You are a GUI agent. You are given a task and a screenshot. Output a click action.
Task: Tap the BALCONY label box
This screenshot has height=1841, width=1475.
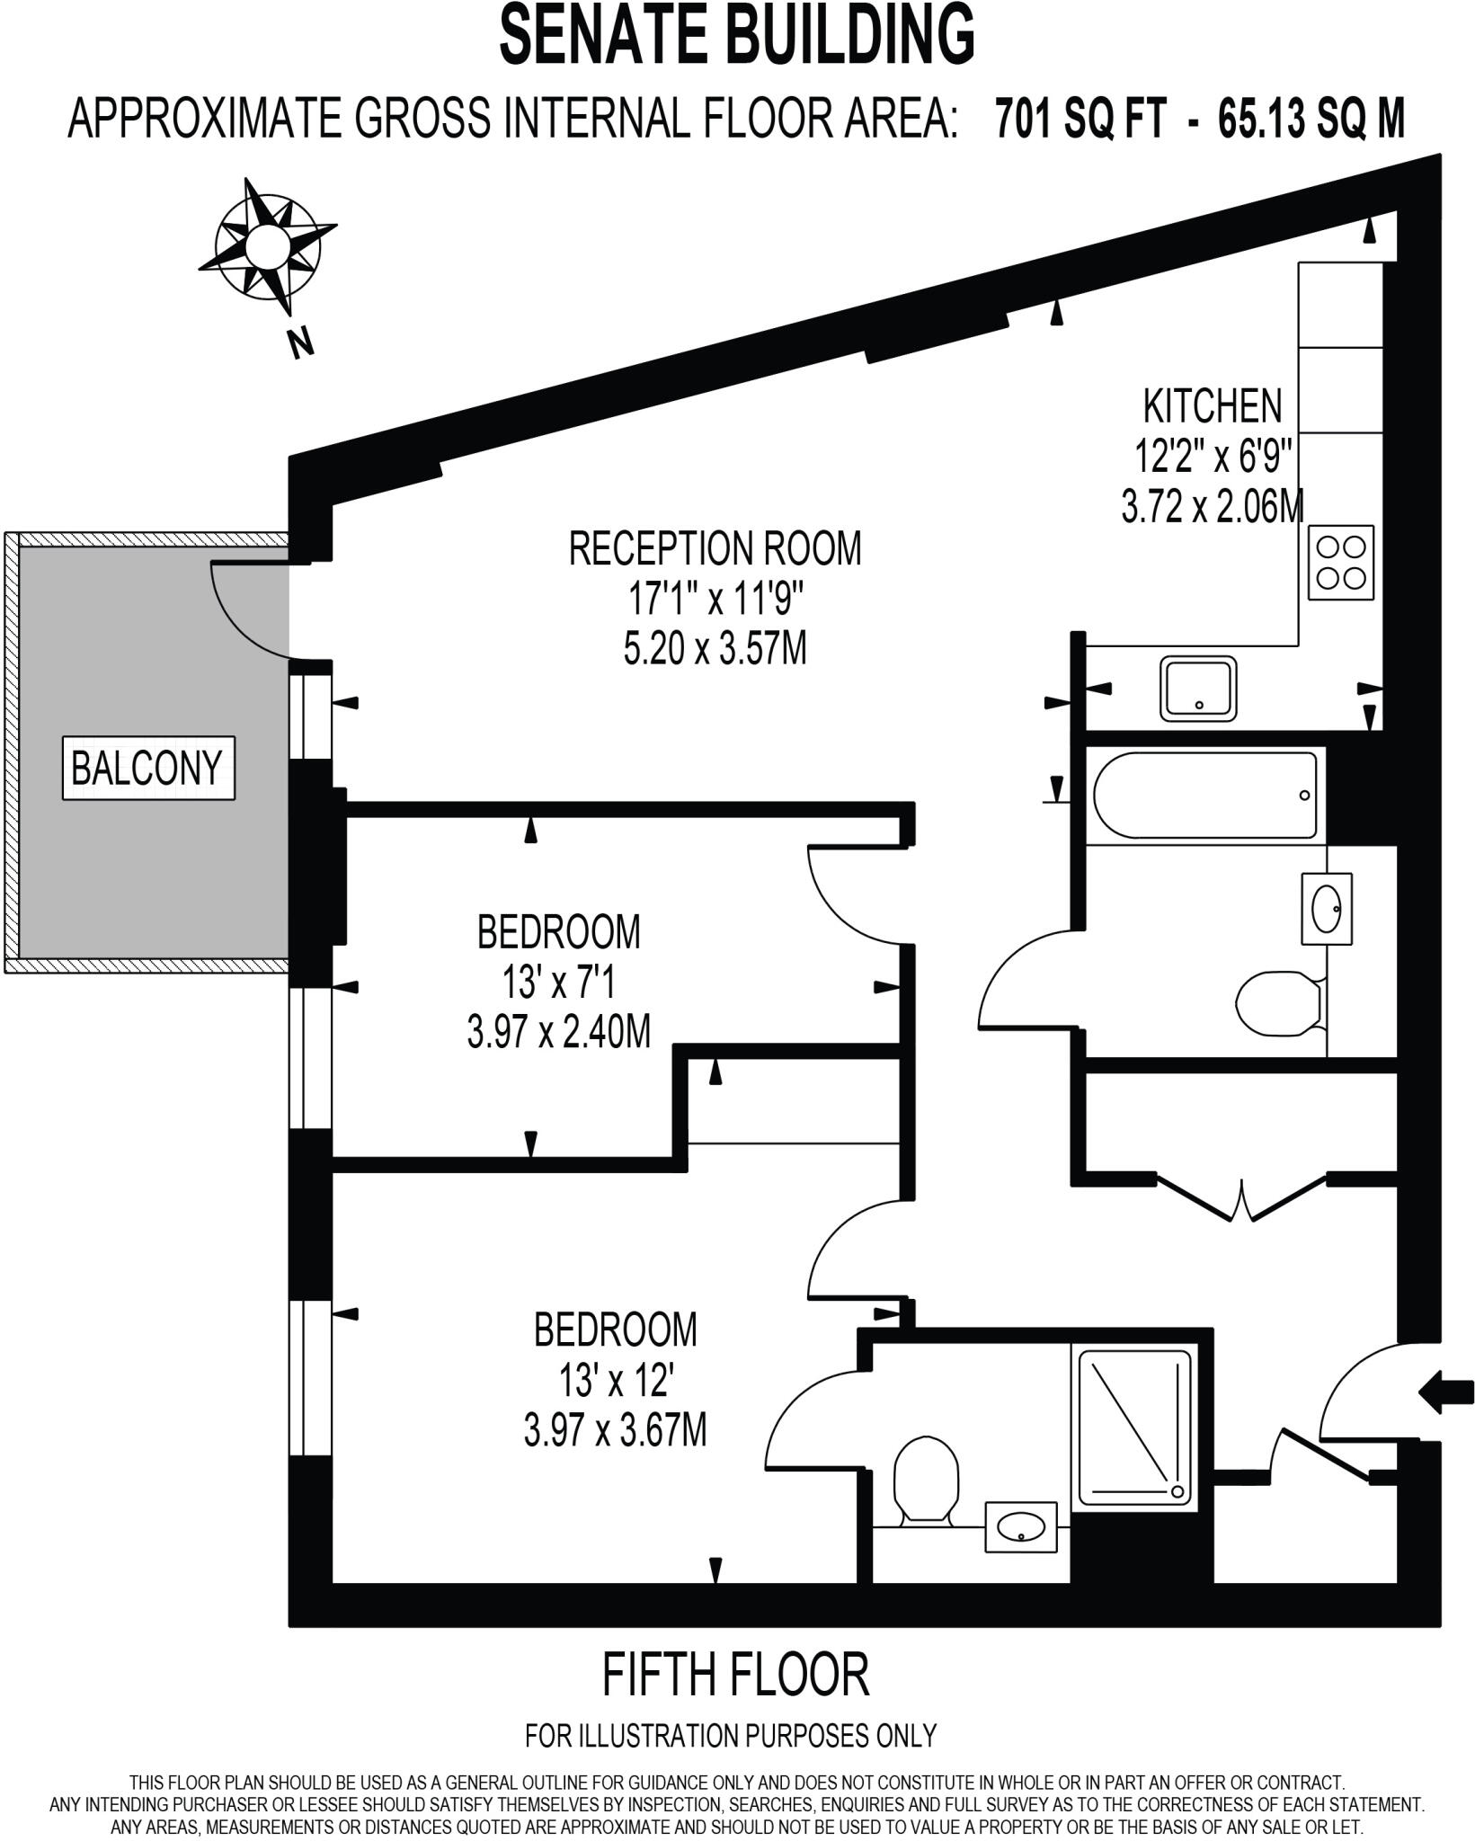[x=148, y=768]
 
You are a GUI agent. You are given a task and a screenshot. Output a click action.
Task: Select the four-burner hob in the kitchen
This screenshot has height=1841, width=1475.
[x=1341, y=562]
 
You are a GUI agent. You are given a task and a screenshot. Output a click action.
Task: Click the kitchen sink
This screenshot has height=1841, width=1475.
[x=1198, y=688]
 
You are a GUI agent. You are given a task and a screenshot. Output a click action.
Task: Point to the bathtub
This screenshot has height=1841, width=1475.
[x=1205, y=796]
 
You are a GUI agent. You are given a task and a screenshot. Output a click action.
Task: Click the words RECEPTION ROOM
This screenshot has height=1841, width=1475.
[x=715, y=548]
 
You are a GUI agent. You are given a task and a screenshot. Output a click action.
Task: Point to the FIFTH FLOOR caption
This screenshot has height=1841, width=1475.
[x=735, y=1676]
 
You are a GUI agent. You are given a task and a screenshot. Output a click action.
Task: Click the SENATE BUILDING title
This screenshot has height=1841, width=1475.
[x=737, y=34]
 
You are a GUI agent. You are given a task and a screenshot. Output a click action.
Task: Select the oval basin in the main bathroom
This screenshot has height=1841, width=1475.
[x=1327, y=908]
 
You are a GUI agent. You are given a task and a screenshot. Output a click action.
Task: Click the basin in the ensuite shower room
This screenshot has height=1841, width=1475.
[x=1021, y=1526]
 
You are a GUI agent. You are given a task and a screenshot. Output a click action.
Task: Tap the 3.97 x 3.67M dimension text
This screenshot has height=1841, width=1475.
[x=615, y=1430]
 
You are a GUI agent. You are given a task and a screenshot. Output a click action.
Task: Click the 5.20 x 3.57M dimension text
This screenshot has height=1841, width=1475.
[x=715, y=648]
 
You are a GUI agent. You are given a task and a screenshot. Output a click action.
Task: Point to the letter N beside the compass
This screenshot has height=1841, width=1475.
[x=301, y=342]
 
